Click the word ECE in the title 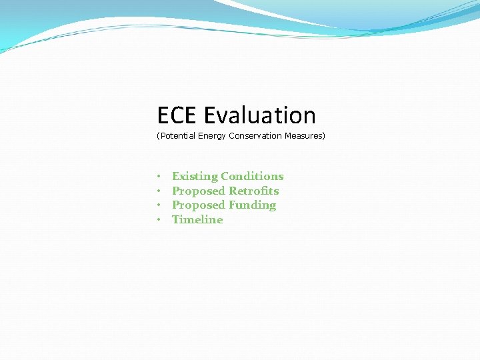click(x=177, y=116)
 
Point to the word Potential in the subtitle click(x=177, y=136)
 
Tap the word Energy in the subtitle click(x=212, y=136)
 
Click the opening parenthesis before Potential click(x=158, y=136)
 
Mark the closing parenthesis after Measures click(x=323, y=136)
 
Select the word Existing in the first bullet click(x=195, y=177)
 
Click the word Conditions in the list click(x=252, y=177)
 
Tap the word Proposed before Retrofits click(x=199, y=191)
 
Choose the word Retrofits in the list click(x=253, y=191)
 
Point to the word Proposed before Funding click(x=199, y=205)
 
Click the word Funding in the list click(x=252, y=205)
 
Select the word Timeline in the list click(x=197, y=220)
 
